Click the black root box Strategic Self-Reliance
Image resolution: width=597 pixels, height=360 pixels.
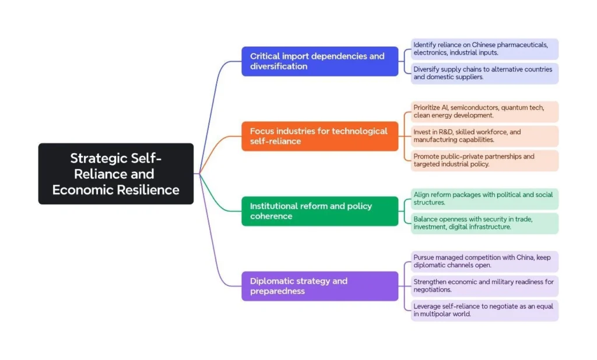coord(115,174)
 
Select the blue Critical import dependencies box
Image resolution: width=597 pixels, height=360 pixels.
coord(319,61)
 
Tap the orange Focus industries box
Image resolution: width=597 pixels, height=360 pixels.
coord(319,136)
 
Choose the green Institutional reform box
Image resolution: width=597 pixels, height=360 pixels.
coord(319,211)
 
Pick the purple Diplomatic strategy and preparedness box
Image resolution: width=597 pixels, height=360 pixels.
coord(319,286)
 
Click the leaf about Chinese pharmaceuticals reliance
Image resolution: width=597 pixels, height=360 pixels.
coord(484,49)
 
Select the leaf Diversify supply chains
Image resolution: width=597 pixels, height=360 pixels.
coord(484,73)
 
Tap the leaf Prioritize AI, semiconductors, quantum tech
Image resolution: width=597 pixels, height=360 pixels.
coord(484,112)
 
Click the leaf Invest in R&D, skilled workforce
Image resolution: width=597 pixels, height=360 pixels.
coord(484,136)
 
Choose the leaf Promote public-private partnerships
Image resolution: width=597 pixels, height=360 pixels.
coord(484,161)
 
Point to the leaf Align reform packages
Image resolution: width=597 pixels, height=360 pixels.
coord(484,199)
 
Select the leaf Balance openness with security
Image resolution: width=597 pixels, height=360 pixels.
coord(484,223)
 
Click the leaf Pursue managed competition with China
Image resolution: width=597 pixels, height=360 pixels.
coord(484,262)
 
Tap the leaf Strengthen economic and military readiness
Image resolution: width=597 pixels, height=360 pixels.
coord(484,286)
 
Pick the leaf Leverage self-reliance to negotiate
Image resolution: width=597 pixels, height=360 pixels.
coord(484,310)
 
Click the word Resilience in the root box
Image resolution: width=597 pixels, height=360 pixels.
coord(146,190)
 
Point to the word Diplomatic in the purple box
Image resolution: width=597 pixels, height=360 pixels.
coord(273,281)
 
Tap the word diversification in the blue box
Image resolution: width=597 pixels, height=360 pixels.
coord(279,66)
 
